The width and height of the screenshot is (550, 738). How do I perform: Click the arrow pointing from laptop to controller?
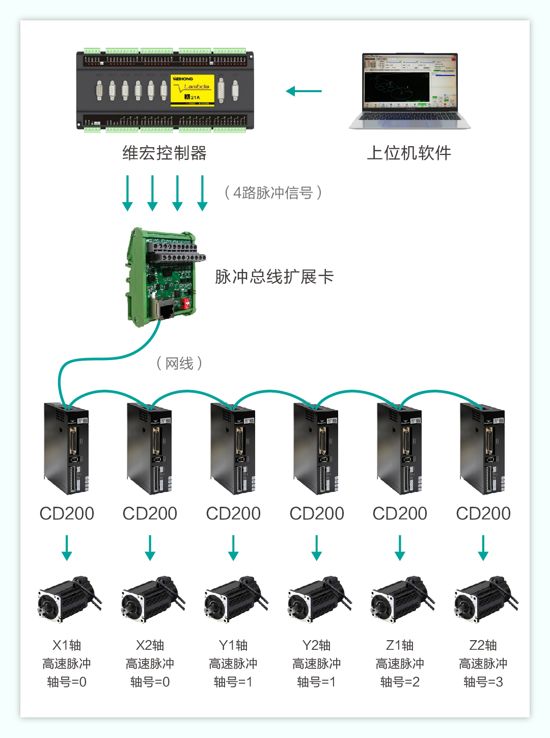(x=304, y=91)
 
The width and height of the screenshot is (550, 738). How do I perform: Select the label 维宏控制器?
(x=164, y=153)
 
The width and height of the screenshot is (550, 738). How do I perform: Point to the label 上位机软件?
(x=409, y=153)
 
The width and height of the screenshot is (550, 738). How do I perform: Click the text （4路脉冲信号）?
(x=273, y=193)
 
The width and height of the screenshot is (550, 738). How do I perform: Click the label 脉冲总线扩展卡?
(x=274, y=277)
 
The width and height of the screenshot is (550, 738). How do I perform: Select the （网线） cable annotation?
(x=179, y=363)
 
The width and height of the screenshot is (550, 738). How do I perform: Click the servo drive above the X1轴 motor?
(x=67, y=449)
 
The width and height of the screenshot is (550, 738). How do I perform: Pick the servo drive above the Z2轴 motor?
(x=483, y=449)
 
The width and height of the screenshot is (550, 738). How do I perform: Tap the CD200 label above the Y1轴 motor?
(x=233, y=513)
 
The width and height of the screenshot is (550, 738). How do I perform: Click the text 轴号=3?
(x=483, y=682)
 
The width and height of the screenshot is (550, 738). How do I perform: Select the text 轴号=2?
(x=400, y=682)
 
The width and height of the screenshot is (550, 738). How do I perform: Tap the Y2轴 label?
(x=316, y=645)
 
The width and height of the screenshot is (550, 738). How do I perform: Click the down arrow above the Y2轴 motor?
(x=317, y=548)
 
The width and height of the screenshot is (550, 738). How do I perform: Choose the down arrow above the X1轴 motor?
(x=67, y=548)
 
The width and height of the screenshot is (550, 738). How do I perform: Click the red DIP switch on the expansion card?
(x=186, y=304)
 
